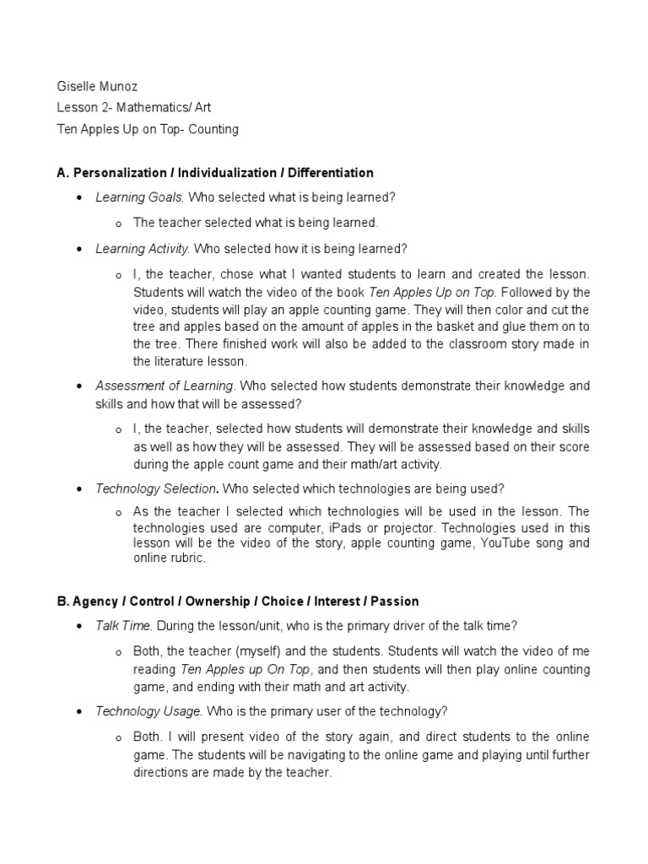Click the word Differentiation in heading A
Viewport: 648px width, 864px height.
click(x=330, y=173)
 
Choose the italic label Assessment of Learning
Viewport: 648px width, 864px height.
click(x=164, y=386)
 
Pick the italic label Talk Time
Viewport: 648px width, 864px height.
click(x=122, y=626)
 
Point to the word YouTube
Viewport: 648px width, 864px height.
click(x=503, y=543)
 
